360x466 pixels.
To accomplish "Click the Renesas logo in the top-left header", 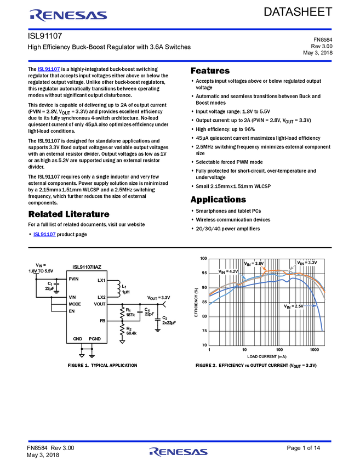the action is coord(68,15).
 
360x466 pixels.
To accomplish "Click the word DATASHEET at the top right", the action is coord(298,12).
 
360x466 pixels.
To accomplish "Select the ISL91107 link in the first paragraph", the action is coord(49,69).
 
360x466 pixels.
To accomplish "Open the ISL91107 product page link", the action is coord(44,234).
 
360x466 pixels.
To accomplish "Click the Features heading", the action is coord(210,71).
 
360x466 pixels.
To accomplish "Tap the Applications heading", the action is coord(218,200).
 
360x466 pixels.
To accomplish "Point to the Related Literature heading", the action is coord(68,214).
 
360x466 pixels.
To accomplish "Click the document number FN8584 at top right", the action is coord(323,39).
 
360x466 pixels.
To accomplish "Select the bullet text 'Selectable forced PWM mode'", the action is coord(229,162).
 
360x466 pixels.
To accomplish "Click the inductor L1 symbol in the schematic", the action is coord(117,288).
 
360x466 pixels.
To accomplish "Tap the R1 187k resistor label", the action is coord(130,312).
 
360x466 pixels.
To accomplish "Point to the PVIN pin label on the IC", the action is coord(73,279).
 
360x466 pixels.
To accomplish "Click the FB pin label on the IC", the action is coord(102,321).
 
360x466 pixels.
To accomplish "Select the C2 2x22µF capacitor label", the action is coord(169,320).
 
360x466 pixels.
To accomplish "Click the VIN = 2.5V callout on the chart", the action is coord(294,306).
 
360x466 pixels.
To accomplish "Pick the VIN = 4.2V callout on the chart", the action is coord(228,271).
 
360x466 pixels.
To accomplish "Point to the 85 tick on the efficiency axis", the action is coord(204,302).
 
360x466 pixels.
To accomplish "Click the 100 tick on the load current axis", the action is coord(279,350).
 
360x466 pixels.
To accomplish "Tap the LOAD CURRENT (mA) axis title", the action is coord(267,356).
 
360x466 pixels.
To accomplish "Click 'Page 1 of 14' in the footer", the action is coord(303,448).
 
